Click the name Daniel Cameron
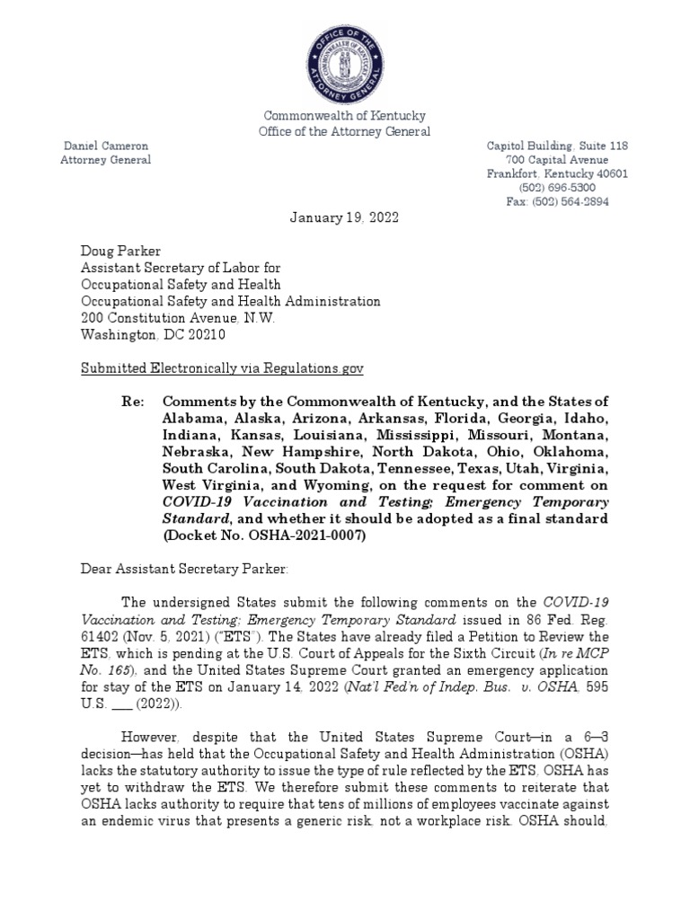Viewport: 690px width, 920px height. click(x=104, y=146)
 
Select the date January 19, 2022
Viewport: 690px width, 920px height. click(x=344, y=217)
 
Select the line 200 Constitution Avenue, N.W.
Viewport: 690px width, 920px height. click(x=180, y=318)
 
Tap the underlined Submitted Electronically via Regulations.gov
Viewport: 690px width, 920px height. click(x=223, y=368)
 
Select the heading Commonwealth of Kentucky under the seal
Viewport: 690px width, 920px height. click(x=344, y=116)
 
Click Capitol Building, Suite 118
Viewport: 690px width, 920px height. click(x=557, y=146)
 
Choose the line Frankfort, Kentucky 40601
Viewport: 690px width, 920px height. click(x=557, y=174)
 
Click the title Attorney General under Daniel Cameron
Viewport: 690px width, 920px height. click(x=105, y=160)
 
